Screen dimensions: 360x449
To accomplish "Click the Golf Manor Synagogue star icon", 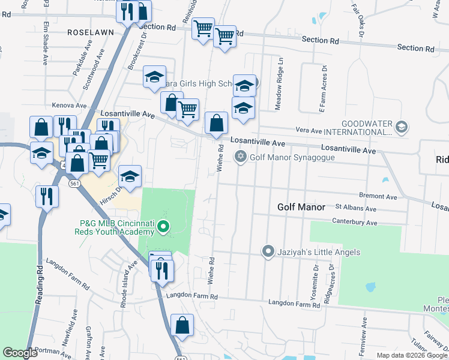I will click(x=241, y=157).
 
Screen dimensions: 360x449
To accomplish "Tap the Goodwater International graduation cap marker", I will click(x=402, y=127).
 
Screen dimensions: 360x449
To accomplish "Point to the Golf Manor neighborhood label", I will click(x=301, y=207).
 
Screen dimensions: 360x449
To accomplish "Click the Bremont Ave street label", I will click(x=378, y=196).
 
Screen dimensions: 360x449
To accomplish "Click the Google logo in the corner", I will click(x=20, y=353).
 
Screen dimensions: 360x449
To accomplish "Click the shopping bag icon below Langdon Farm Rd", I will click(x=182, y=325).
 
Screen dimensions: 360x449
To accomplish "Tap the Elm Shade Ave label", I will click(x=45, y=43).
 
